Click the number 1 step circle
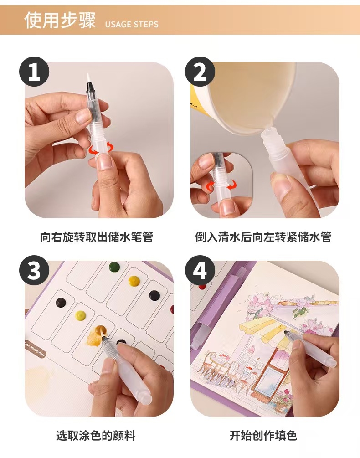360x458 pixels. pos(34,72)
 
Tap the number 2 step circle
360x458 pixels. pos(200,72)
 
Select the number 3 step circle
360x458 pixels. pos(34,270)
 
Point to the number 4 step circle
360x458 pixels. pos(200,270)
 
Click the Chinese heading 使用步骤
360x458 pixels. pos(60,20)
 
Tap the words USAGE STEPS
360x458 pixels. pos(132,24)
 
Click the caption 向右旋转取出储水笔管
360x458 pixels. pos(97,237)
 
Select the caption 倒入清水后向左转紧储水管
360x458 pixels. pos(263,237)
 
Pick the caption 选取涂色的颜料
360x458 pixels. pos(96,436)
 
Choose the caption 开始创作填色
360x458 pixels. pos(263,436)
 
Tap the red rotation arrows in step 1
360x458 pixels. pos(101,149)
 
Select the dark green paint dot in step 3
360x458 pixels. pos(114,267)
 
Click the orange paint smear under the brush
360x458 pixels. pos(96,334)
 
